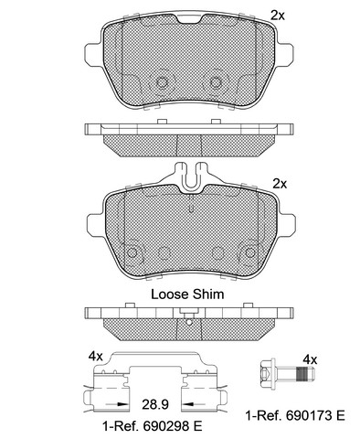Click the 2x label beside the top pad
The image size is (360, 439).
click(278, 16)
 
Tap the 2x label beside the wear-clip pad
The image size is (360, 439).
click(280, 184)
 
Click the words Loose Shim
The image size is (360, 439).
click(187, 294)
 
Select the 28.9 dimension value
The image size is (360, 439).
click(155, 404)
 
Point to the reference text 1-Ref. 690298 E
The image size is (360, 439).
click(153, 426)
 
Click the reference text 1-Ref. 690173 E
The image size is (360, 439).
click(295, 415)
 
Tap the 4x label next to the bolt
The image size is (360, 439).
click(310, 360)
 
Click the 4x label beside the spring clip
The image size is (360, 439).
click(96, 356)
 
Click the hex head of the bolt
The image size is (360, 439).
click(267, 373)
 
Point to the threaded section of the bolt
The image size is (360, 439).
click(302, 373)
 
